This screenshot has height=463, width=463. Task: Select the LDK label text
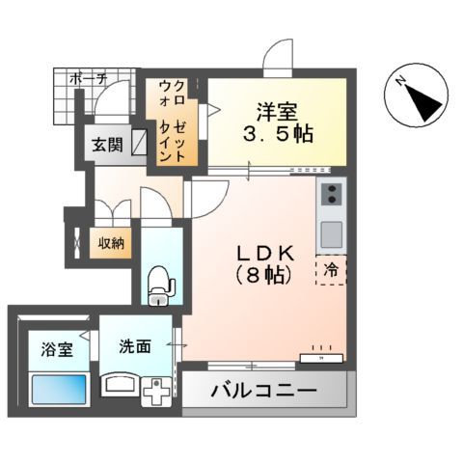(264, 253)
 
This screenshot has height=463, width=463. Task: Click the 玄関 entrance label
(106, 147)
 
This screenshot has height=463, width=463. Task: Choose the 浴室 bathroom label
(57, 349)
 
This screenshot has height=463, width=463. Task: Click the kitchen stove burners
(332, 197)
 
